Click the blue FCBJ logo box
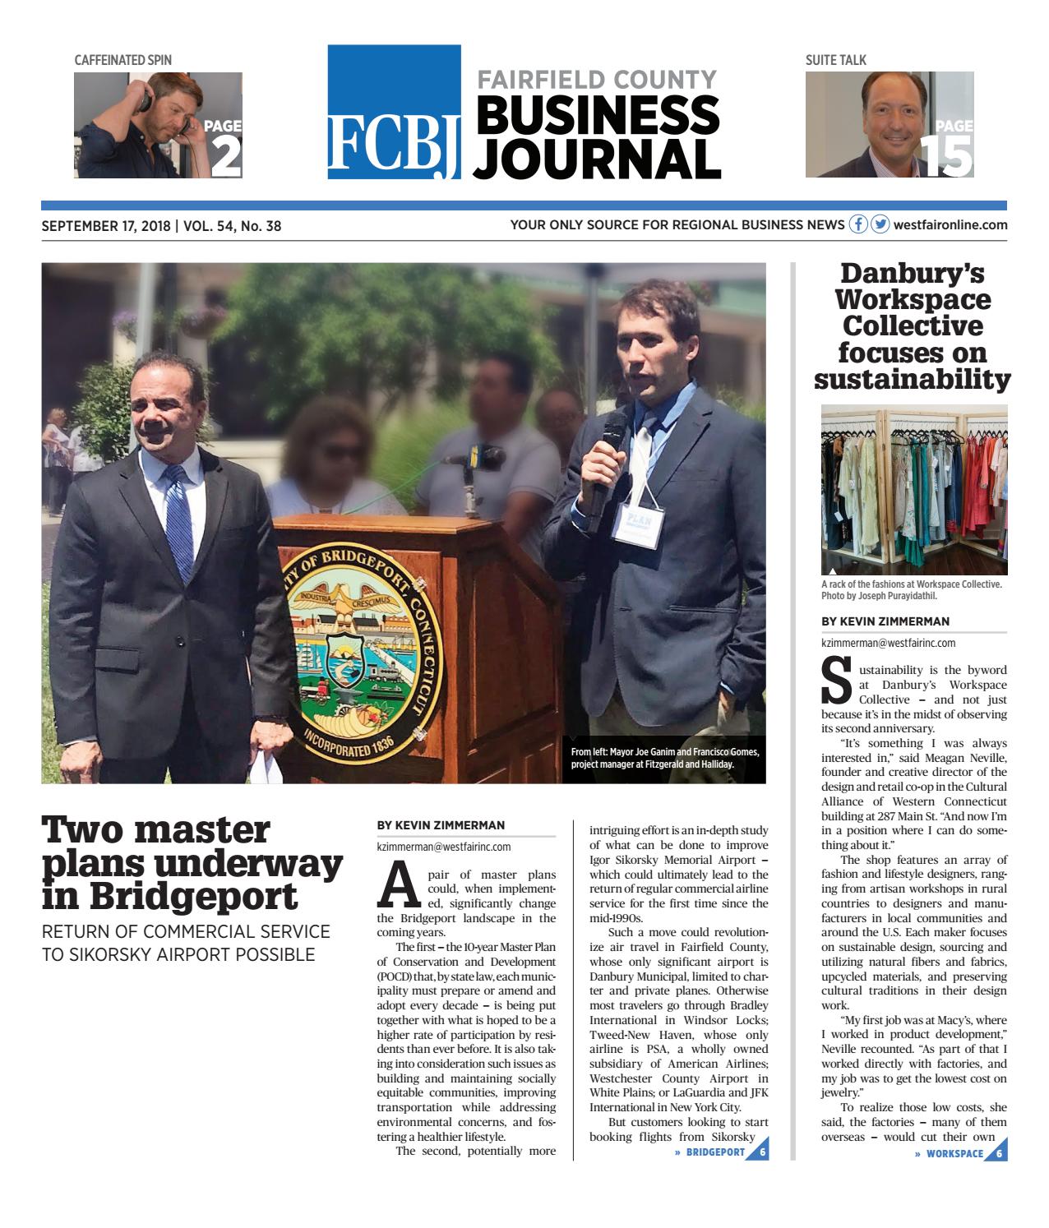click(394, 113)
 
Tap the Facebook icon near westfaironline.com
click(858, 224)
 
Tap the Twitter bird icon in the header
click(880, 224)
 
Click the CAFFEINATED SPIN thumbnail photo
click(158, 125)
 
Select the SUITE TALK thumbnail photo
click(889, 125)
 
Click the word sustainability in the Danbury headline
click(913, 380)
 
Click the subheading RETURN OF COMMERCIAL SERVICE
click(186, 932)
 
